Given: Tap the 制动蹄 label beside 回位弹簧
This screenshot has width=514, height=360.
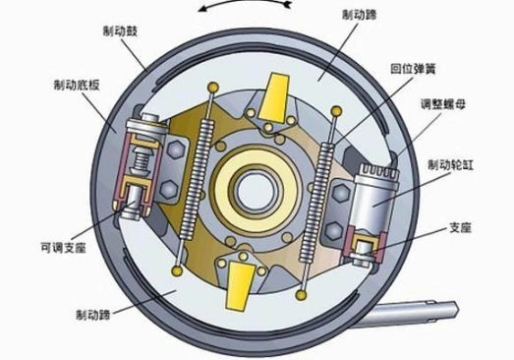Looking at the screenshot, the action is point(360,16).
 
